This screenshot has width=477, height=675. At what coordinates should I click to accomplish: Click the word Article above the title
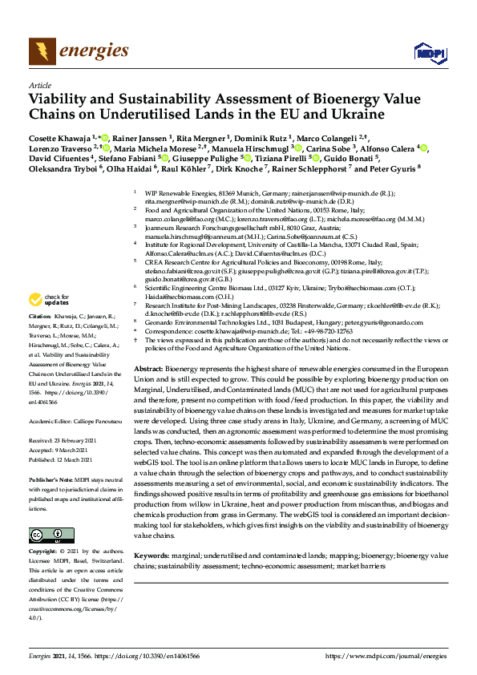[39, 84]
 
